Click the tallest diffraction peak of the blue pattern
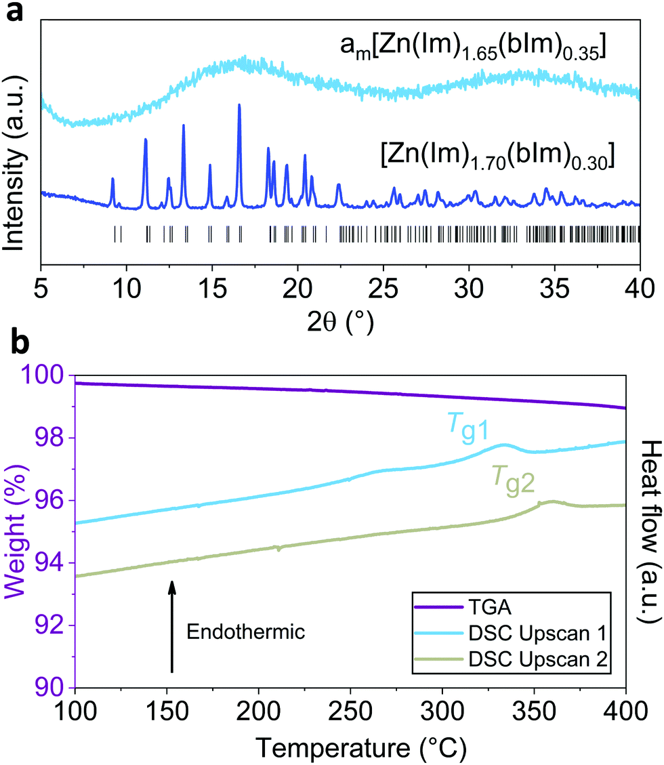239,106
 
